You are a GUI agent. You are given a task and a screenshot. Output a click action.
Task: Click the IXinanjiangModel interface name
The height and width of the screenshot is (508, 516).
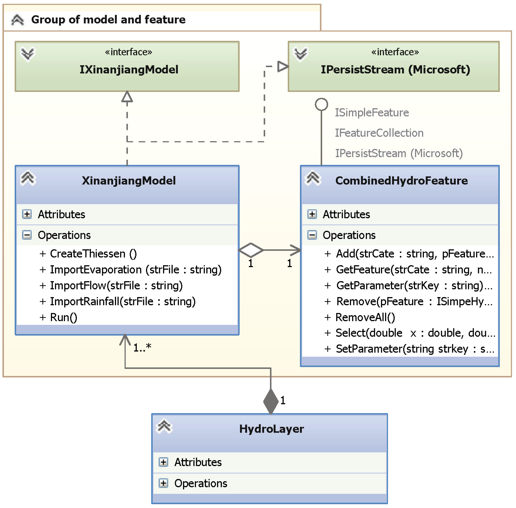click(129, 70)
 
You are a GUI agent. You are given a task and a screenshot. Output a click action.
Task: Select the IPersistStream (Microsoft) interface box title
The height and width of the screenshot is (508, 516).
click(395, 70)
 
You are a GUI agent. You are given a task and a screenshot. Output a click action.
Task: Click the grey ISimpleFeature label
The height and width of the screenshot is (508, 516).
click(372, 113)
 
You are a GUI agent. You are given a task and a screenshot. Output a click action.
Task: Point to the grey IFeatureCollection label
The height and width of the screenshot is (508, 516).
click(379, 133)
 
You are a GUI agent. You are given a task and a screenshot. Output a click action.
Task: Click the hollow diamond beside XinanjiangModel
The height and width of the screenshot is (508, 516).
click(251, 250)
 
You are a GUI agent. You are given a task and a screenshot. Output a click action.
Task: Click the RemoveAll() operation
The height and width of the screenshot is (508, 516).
click(365, 317)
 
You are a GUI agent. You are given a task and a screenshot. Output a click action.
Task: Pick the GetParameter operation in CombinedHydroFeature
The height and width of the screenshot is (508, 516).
click(409, 286)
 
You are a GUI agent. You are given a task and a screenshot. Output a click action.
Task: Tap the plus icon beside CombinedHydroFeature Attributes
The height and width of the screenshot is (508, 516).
click(312, 214)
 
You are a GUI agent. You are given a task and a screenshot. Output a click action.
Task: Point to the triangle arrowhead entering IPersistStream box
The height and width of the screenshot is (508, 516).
click(283, 66)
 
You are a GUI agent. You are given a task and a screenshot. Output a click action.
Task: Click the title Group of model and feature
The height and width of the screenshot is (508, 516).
click(108, 20)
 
